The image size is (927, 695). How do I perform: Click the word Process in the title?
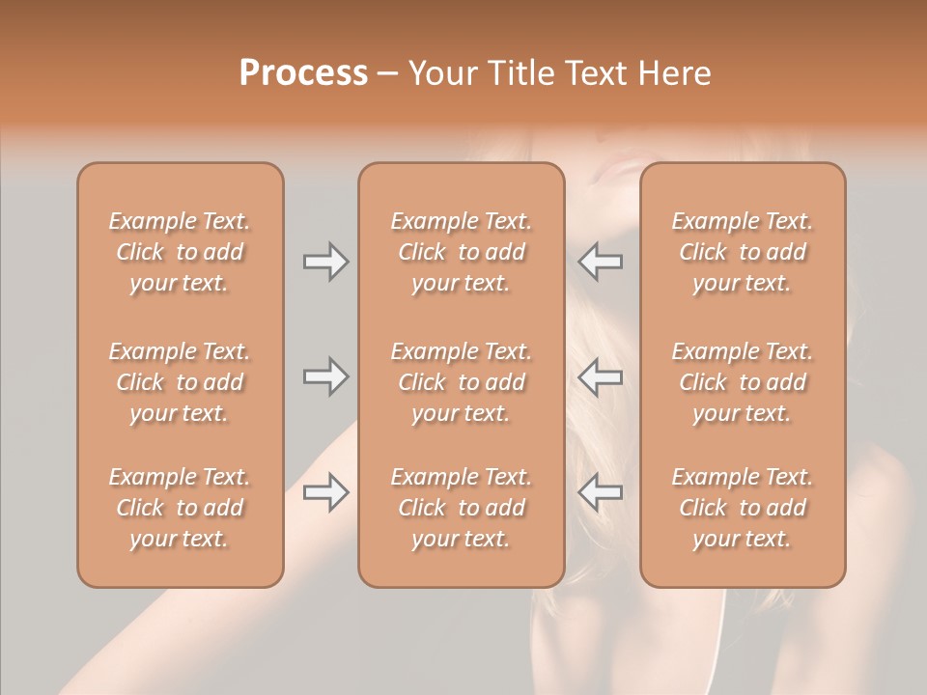[303, 73]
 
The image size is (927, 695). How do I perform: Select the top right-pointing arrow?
[326, 262]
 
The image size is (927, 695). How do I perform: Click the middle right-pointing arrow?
[326, 376]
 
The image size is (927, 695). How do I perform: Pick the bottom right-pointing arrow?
[326, 492]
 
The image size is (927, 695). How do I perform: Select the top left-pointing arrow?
[600, 262]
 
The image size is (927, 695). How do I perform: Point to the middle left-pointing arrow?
[600, 376]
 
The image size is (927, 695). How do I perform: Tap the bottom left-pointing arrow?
[600, 492]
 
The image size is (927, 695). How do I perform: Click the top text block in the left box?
[180, 252]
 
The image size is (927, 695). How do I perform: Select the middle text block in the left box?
[180, 382]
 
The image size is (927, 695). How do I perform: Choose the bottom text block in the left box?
[180, 508]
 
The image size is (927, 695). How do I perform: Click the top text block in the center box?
[461, 252]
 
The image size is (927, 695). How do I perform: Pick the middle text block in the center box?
[461, 382]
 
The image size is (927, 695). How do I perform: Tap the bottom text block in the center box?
[461, 508]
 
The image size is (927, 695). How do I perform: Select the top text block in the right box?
[743, 252]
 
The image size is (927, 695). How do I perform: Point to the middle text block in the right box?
[743, 382]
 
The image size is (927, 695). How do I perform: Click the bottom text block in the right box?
[743, 508]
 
